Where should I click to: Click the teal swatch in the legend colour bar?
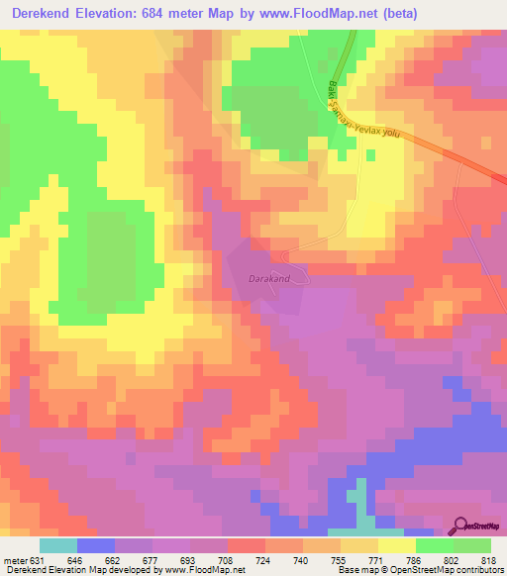click(x=58, y=545)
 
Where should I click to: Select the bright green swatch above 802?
click(x=435, y=545)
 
